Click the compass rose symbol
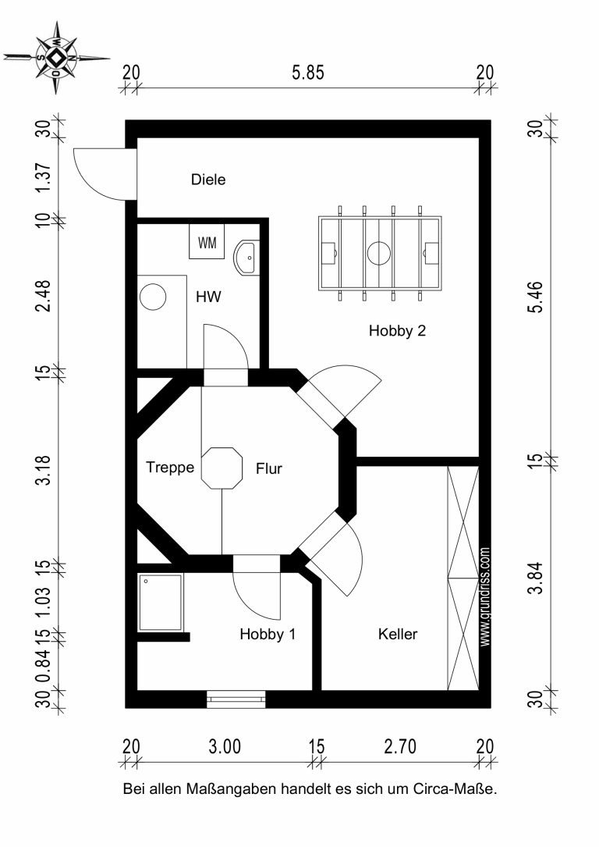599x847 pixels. point(56,57)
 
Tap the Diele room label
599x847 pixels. point(208,180)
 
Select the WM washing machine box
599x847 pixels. point(207,243)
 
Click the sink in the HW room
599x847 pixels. point(246,258)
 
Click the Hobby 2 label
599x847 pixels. point(397,330)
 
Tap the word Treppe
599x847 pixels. point(170,468)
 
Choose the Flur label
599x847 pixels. point(269,468)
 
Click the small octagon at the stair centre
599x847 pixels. point(222,468)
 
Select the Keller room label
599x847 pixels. point(398,634)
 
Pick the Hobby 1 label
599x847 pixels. point(268,634)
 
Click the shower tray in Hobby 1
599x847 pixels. point(161,603)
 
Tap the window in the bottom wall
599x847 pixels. point(236,699)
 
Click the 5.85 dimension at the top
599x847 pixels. point(308,73)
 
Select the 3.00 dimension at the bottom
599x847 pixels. point(225,746)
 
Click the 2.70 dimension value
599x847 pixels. point(400,746)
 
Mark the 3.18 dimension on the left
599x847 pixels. point(43,470)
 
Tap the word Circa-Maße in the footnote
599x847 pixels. point(455,788)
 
